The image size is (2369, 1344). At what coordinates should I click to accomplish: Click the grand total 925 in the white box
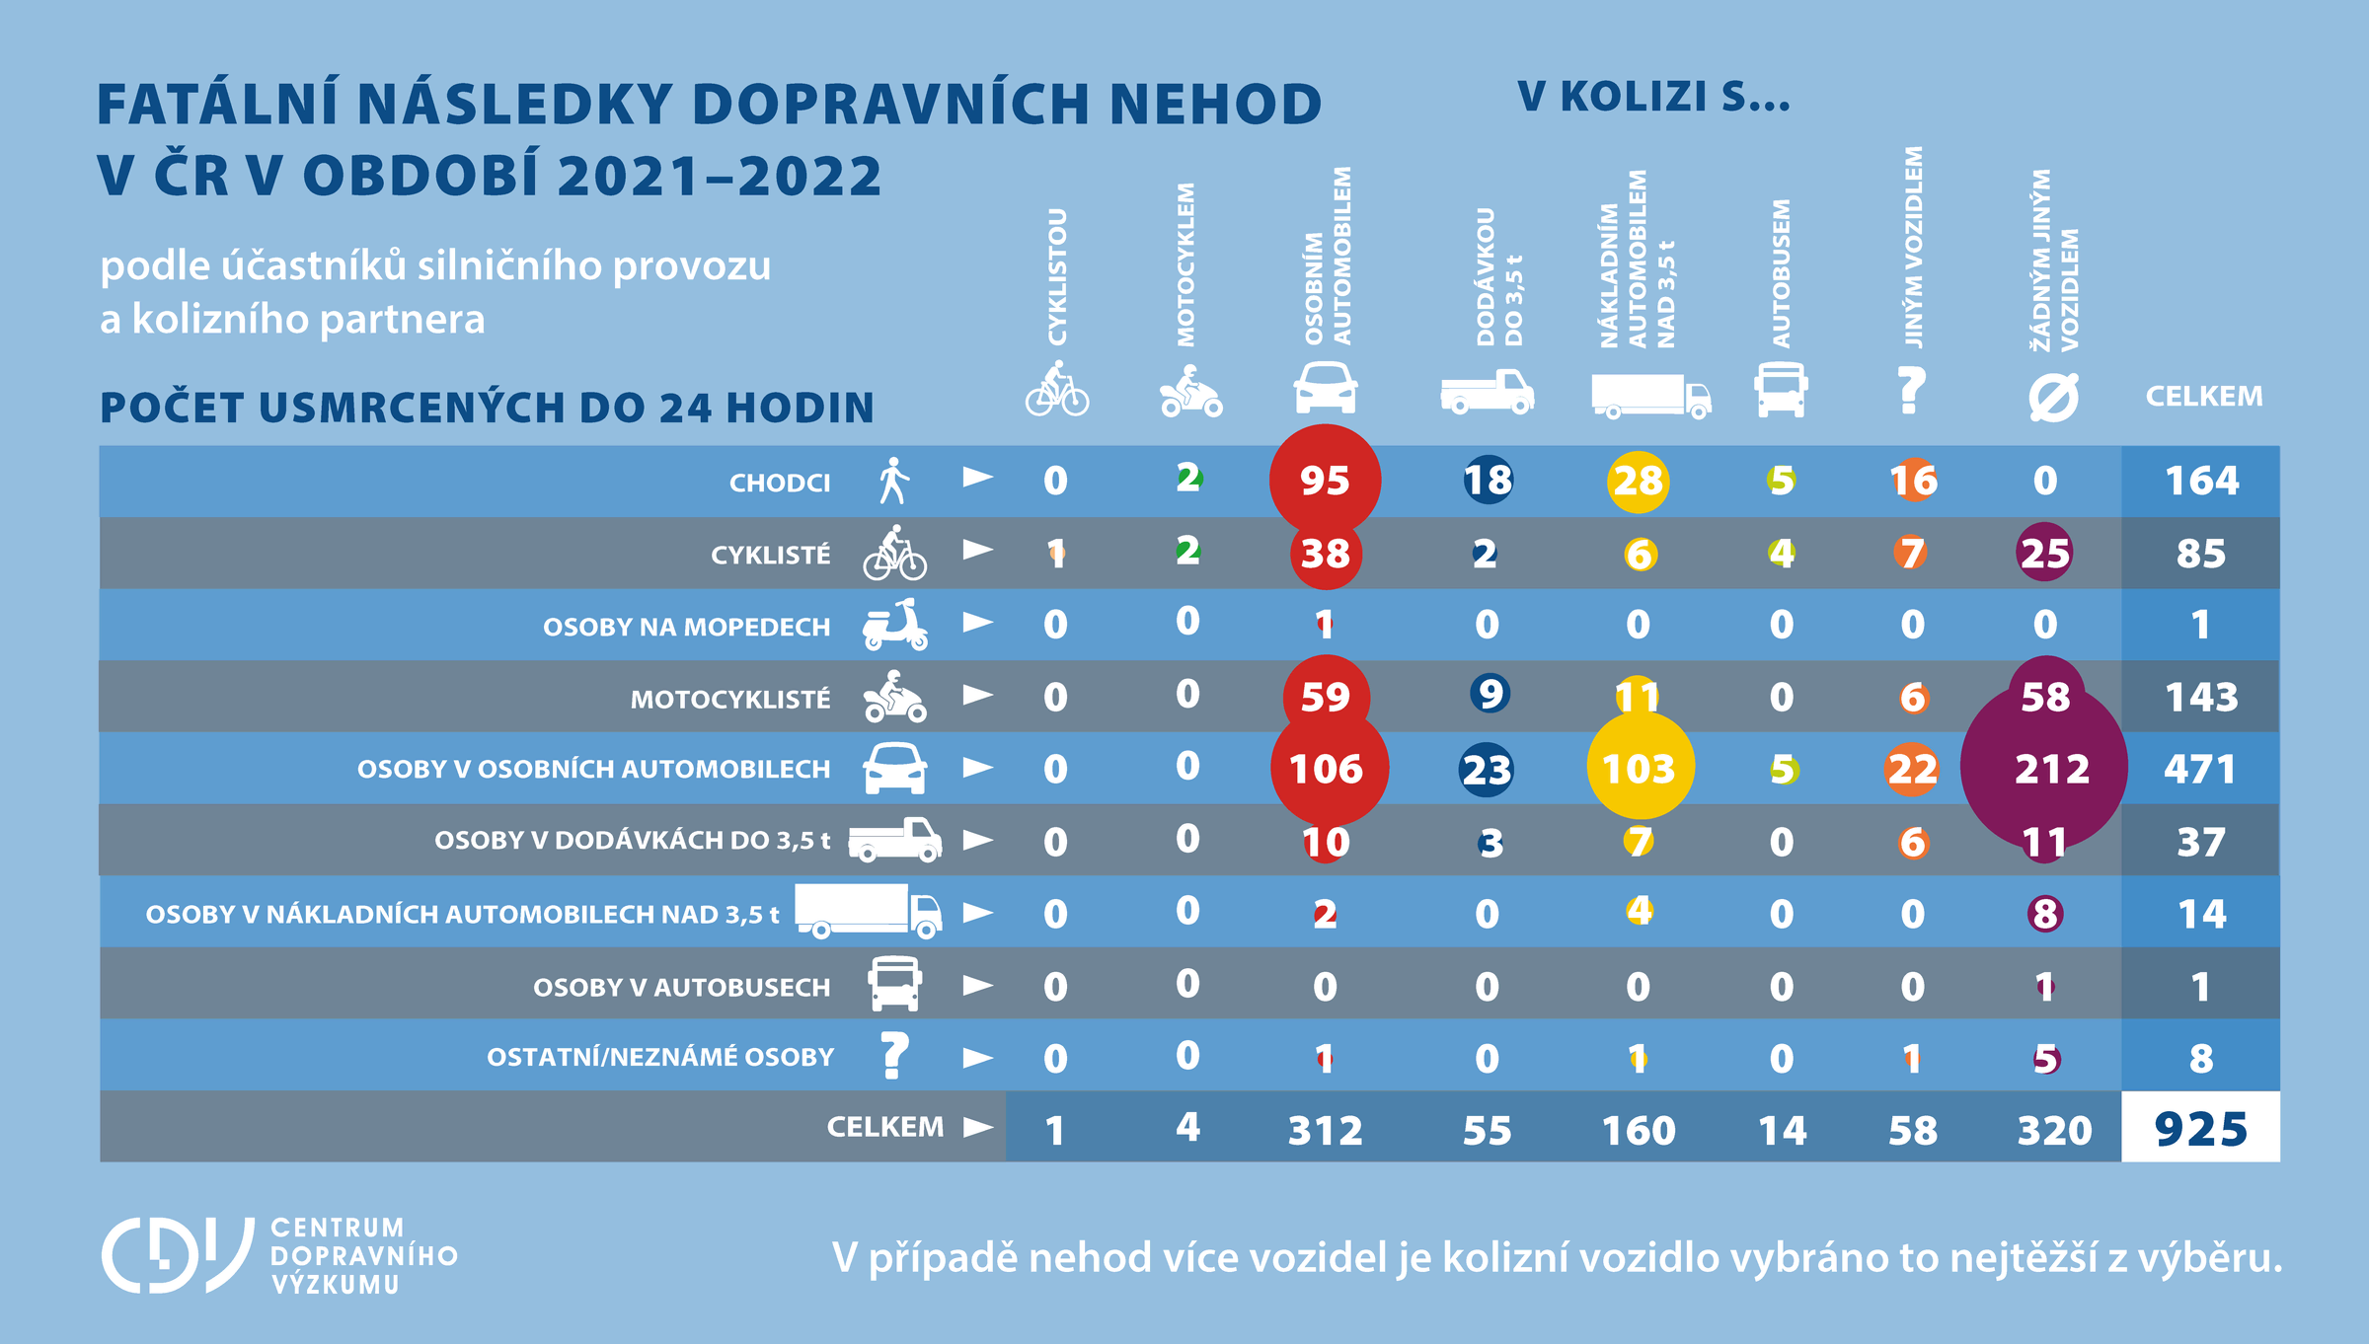2200,1129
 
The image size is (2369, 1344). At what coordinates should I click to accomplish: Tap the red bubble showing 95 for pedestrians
1325,481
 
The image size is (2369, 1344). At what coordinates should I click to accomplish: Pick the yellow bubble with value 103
1639,769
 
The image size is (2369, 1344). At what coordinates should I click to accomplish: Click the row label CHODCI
779,483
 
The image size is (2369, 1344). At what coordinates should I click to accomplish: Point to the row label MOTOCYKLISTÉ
730,700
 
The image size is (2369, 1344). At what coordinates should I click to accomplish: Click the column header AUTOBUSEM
1782,274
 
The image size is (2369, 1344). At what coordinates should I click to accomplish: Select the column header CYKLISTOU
1057,276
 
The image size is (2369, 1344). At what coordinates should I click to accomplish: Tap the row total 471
2200,769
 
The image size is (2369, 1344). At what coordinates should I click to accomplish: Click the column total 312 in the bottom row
1325,1130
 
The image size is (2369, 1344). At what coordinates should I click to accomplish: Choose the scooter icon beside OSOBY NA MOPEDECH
895,625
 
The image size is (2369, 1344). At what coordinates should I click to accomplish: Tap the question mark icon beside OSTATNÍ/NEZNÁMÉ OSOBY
894,1055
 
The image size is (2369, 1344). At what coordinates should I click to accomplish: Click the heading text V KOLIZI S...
1653,97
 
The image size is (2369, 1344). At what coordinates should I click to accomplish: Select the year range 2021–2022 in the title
720,176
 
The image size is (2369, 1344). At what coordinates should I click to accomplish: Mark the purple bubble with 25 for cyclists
2044,553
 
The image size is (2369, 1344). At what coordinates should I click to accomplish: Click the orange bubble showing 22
1912,769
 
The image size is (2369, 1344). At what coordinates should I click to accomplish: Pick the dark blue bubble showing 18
1488,481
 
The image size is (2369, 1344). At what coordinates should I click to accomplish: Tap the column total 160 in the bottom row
1639,1130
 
